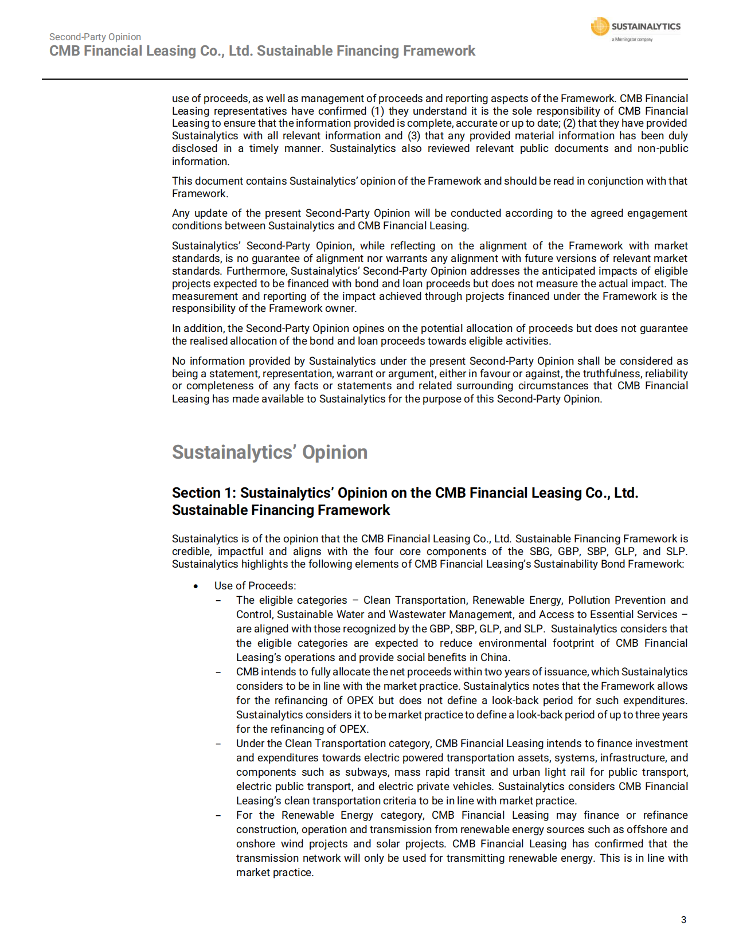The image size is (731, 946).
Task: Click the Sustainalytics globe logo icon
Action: tap(600, 26)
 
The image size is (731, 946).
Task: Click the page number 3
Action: tap(683, 920)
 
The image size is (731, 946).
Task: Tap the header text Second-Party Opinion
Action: tap(95, 37)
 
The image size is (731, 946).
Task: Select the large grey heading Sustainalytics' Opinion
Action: tap(269, 452)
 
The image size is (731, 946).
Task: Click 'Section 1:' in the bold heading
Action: tap(204, 493)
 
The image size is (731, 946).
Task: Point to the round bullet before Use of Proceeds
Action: tap(196, 586)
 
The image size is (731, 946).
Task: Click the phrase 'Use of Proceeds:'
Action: tap(255, 586)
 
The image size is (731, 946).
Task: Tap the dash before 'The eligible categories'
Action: tap(218, 600)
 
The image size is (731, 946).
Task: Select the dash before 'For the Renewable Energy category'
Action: tap(218, 815)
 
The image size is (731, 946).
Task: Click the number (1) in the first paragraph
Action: tap(377, 111)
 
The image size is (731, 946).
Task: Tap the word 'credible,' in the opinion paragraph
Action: tap(191, 552)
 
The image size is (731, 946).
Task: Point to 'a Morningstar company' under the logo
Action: tap(632, 40)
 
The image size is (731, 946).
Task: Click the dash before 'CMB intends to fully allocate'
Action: tap(218, 672)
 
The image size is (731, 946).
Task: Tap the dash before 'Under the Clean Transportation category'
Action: tap(218, 744)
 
